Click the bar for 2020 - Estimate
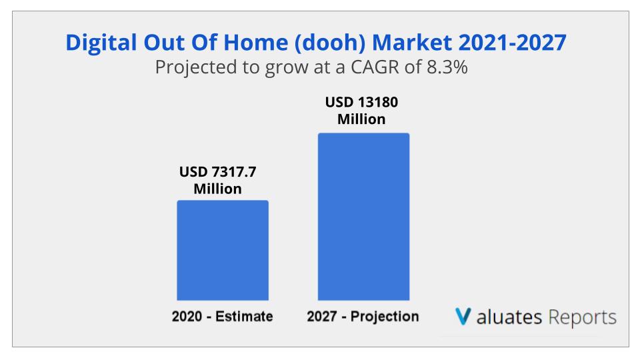[x=222, y=250]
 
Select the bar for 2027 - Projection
[x=363, y=217]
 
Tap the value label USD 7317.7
[x=217, y=172]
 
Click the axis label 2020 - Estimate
[x=222, y=317]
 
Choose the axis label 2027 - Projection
[x=363, y=317]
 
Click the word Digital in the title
[x=99, y=43]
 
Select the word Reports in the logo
[x=583, y=317]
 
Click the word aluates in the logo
[x=510, y=317]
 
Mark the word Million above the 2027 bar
[x=361, y=120]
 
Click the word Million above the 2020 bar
[x=217, y=189]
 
